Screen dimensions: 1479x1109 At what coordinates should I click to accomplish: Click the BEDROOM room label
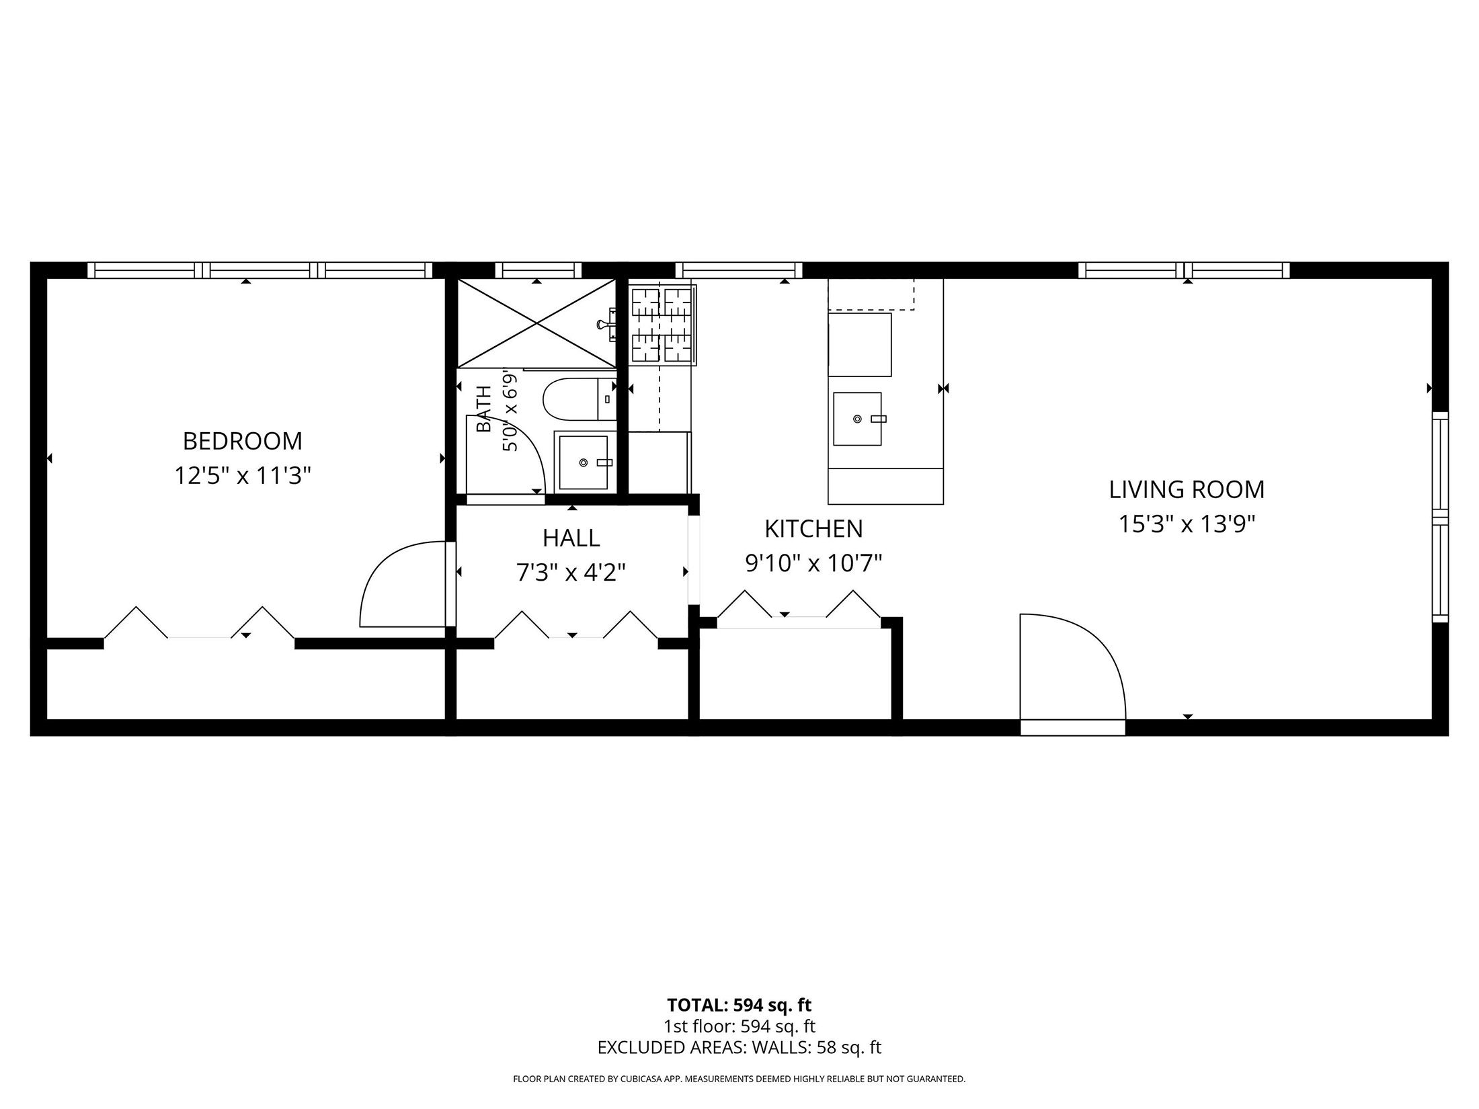(x=243, y=441)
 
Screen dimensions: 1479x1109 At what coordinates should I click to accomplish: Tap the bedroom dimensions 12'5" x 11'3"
(x=243, y=476)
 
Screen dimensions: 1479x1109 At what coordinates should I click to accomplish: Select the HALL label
(x=571, y=538)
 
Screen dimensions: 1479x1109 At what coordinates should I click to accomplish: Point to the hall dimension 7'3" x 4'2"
(x=571, y=573)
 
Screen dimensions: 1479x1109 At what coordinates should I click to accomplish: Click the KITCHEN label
(x=813, y=529)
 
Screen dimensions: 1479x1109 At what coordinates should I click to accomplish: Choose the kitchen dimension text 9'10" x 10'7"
(x=813, y=563)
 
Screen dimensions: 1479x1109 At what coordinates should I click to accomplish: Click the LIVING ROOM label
(x=1187, y=489)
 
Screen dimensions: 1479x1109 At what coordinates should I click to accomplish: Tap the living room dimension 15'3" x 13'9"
(x=1187, y=524)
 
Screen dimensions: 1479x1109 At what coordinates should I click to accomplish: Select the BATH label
(x=484, y=409)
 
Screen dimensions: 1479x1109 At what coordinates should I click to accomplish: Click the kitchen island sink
(x=857, y=419)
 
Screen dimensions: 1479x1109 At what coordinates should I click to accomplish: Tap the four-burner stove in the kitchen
(x=662, y=325)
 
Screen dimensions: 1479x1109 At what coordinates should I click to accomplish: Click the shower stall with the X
(x=536, y=323)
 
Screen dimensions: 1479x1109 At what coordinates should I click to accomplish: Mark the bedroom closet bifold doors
(x=199, y=622)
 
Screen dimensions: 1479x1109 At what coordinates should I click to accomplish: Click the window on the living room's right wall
(x=1440, y=518)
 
